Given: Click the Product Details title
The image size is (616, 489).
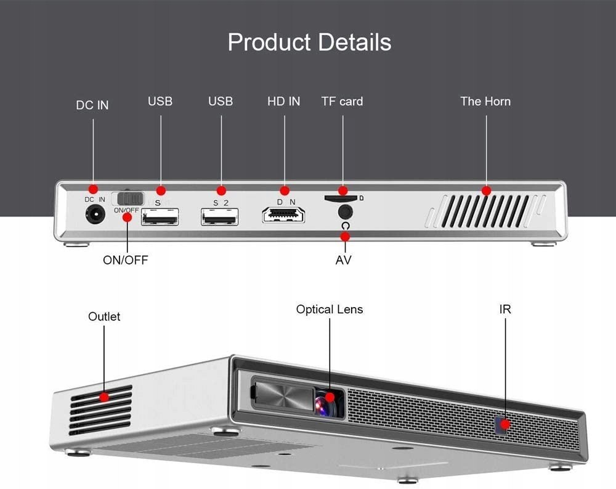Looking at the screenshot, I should coord(309,43).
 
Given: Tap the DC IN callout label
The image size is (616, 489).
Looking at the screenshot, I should coord(92,105).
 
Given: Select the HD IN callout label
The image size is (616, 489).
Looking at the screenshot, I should coord(283,101).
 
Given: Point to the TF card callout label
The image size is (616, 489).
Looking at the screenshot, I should coord(342,101).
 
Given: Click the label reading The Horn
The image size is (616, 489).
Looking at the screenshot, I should coord(485,101).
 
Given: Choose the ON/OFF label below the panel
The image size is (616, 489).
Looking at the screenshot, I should coord(125,260).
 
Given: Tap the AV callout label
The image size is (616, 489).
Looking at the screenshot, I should coord(343,260).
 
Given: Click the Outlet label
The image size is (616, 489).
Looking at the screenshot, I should coord(104,316).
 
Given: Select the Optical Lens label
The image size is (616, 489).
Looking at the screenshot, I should coord(330,309).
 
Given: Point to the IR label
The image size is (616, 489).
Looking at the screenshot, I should coord(505,309).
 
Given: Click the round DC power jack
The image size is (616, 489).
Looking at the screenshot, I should coord(95,215).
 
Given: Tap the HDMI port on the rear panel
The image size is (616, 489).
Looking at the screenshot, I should coord(283,215).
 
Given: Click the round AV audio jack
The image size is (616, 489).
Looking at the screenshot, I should coord(346,212).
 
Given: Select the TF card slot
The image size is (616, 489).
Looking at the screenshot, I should coord(341,198).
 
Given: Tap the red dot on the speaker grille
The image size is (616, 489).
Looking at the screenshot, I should coord(486,191).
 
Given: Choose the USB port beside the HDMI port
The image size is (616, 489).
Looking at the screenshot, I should coord(219,216).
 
